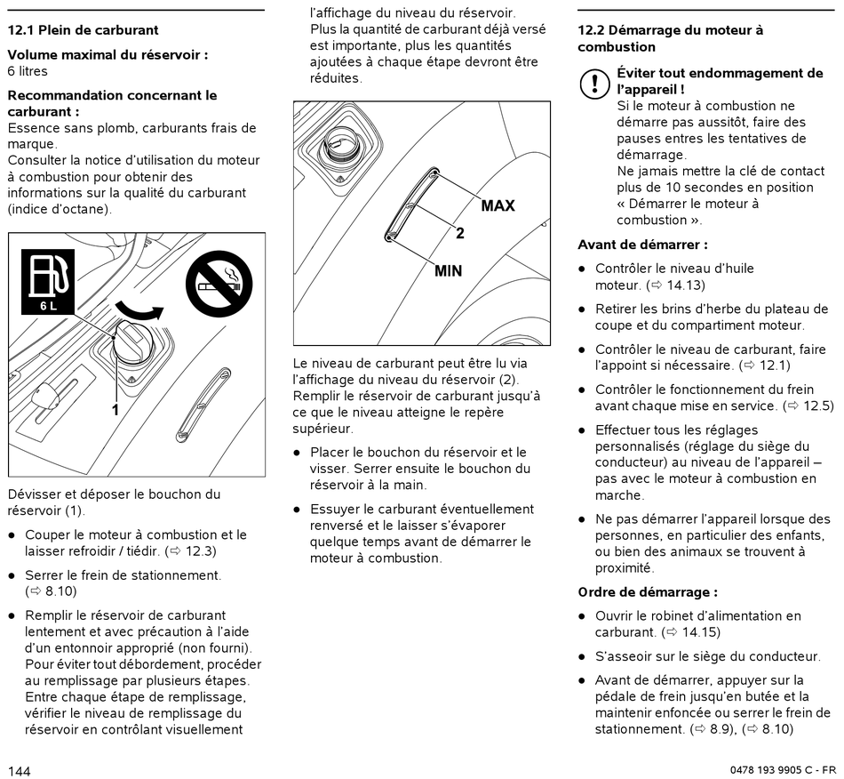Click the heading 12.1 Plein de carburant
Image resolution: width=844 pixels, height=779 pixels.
(x=84, y=30)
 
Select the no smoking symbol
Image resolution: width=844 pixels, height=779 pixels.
(x=219, y=284)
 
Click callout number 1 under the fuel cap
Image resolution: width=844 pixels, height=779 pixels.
(x=115, y=410)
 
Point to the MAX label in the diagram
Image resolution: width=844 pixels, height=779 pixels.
(x=498, y=205)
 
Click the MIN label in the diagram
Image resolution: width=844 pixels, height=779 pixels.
(x=448, y=270)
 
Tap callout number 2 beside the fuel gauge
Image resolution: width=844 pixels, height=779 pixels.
(x=459, y=234)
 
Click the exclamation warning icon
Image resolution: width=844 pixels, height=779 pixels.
(x=592, y=84)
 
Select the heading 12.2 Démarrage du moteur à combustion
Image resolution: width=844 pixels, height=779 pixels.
(x=670, y=38)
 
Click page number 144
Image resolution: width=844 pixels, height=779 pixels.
(x=20, y=770)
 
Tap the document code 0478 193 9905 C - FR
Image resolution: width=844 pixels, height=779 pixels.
(x=783, y=770)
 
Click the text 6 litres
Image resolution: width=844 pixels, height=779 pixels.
(x=28, y=71)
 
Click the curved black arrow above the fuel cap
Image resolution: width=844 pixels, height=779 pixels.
(x=140, y=311)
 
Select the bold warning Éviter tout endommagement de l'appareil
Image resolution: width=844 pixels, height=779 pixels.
(x=720, y=81)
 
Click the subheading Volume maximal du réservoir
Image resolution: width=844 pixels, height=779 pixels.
(x=107, y=54)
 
